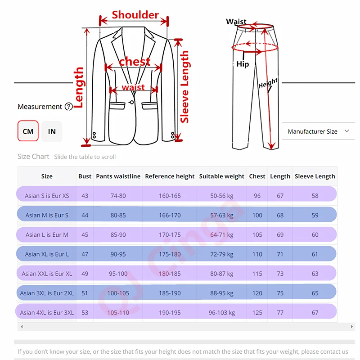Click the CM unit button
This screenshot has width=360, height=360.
pos(28,131)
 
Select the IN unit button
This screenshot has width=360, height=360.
pos(52,131)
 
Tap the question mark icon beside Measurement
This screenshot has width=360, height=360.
pos(68,107)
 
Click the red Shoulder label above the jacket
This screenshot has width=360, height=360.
pos(135,15)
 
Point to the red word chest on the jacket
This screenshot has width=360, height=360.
pos(135,62)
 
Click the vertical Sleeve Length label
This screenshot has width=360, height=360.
pos(184,87)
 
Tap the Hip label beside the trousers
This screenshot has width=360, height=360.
pos(243,64)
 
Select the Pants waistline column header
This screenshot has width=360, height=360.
pos(118,176)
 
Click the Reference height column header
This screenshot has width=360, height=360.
pos(170,176)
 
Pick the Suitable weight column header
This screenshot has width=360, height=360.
pos(222,176)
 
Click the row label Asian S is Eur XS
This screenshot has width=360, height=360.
pos(47,196)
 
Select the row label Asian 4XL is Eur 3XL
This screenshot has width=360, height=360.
pos(47,312)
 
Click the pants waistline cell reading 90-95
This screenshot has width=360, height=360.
pos(118,254)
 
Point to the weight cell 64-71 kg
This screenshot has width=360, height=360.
pos(222,234)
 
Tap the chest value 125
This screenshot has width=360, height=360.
pos(257,312)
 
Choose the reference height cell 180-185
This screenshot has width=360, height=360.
pos(170,274)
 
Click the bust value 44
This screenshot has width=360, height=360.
pos(85,215)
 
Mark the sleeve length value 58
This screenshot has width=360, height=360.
pos(315,196)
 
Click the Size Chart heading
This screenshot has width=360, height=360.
pos(33,157)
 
